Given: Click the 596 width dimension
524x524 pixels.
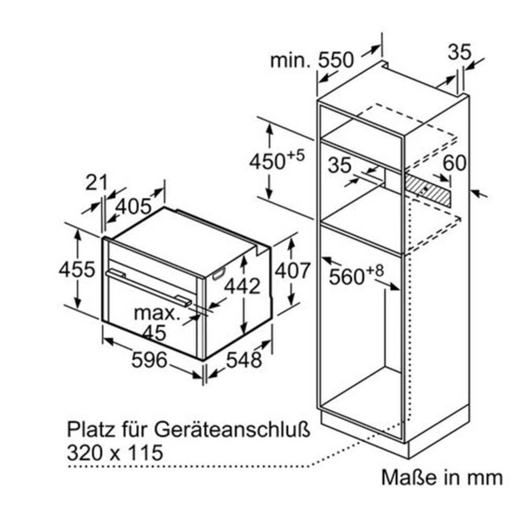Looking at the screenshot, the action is [x=149, y=360].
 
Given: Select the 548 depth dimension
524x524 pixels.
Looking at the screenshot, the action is [x=244, y=360].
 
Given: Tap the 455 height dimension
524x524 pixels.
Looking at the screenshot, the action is [x=77, y=269].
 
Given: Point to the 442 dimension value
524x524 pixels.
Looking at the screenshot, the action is [x=242, y=286].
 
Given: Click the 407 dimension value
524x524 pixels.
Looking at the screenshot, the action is [x=293, y=270].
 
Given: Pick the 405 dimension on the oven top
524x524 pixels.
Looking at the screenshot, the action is [x=134, y=206].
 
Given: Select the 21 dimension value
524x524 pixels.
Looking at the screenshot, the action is [x=97, y=182].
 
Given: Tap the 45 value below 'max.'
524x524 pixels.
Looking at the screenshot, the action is [x=154, y=333].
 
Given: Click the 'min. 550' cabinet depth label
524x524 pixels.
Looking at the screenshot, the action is [x=311, y=60].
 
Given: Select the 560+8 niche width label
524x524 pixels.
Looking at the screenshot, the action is [x=356, y=275].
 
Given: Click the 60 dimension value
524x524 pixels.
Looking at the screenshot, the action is [x=454, y=163].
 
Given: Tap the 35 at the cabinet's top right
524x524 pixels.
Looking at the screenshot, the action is [x=460, y=52].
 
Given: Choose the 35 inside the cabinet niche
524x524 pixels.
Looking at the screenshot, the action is [x=340, y=165].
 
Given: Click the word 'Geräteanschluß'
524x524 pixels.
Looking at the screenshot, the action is [x=232, y=430].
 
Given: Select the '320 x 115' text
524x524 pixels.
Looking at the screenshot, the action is [x=115, y=453].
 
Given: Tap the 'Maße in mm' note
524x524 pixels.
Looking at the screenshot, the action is [x=442, y=477].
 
